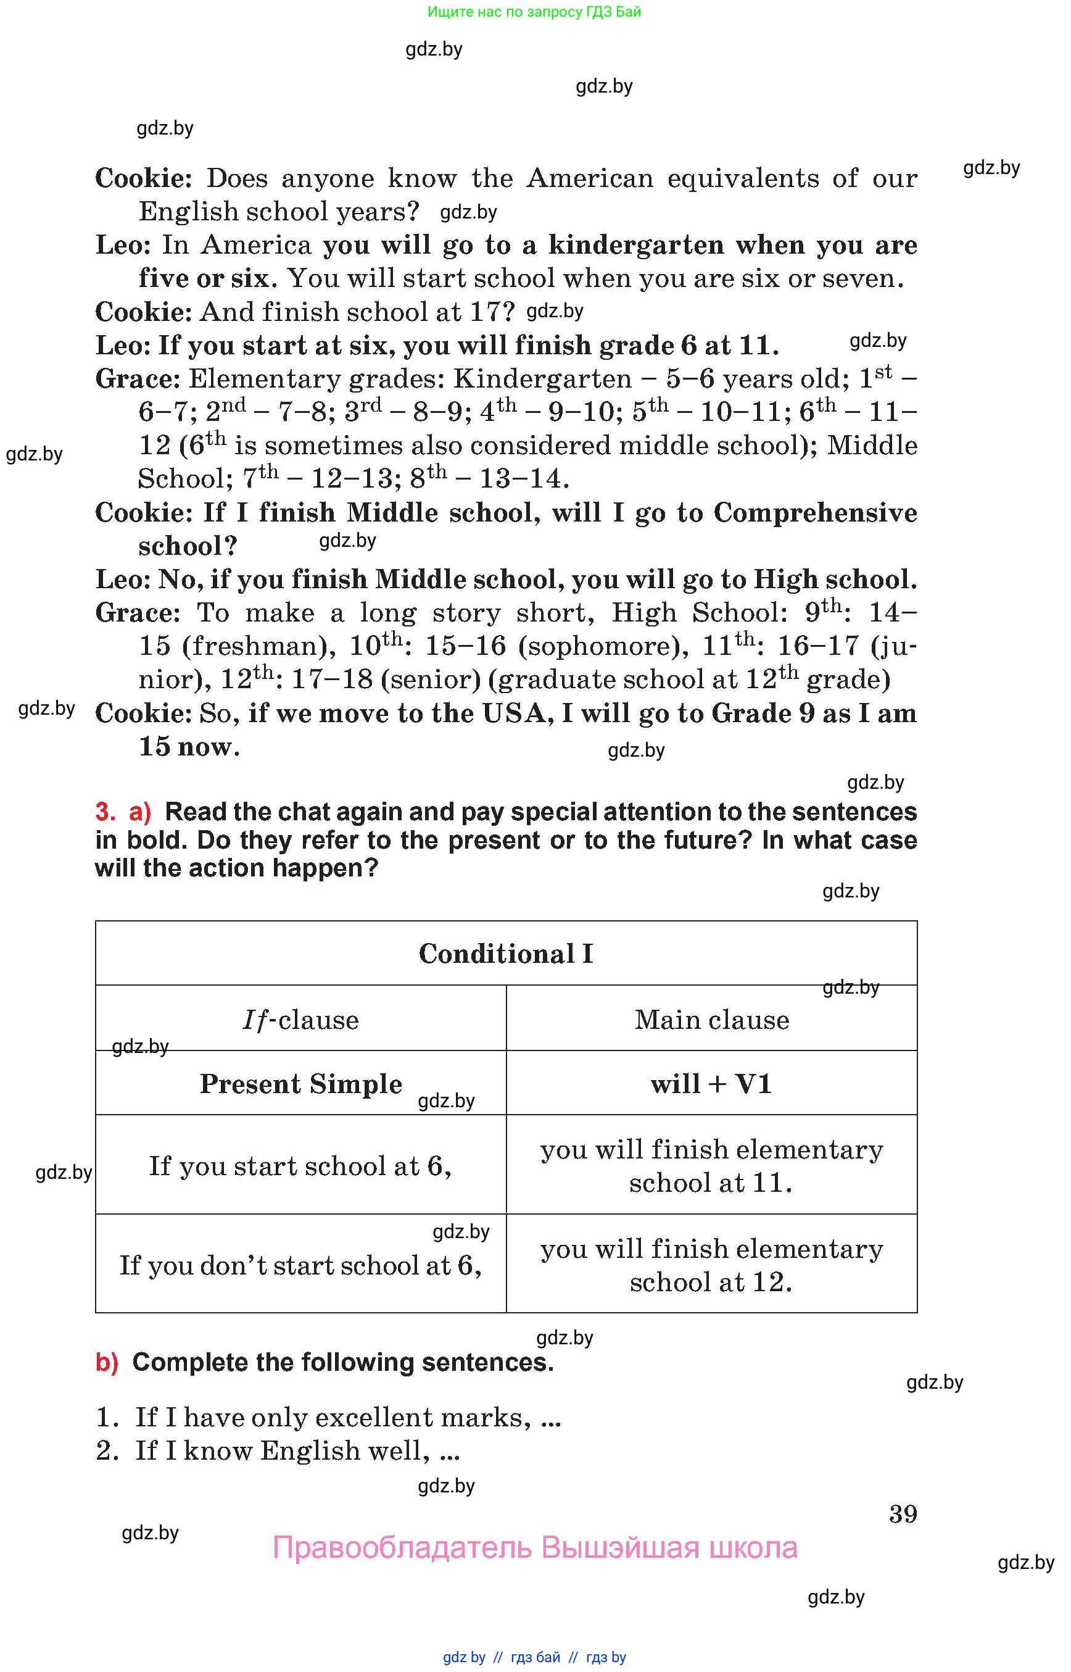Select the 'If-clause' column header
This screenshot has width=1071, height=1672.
[x=300, y=1020]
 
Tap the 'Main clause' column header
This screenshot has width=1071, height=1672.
[x=711, y=1020]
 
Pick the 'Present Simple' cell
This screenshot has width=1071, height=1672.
[x=300, y=1084]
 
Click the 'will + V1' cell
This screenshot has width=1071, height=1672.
[x=711, y=1084]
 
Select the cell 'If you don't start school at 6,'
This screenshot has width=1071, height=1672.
[x=300, y=1265]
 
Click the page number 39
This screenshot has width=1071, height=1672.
[x=903, y=1514]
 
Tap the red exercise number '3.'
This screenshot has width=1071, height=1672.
[x=105, y=812]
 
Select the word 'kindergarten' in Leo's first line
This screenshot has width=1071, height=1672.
[x=635, y=245]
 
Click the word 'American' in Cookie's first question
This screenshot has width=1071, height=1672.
[x=590, y=178]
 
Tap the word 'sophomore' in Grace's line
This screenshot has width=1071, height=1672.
[x=598, y=646]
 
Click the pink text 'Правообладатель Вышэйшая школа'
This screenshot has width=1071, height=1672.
[x=535, y=1547]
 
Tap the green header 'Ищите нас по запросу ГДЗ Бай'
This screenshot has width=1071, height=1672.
[x=534, y=12]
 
